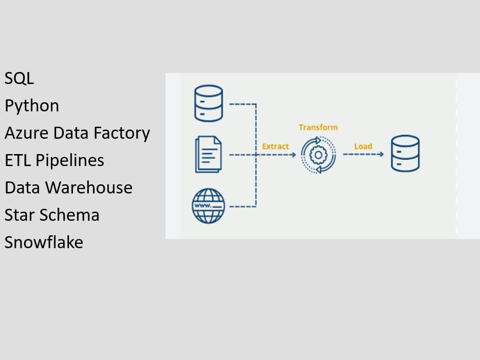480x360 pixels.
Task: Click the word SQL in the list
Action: (x=19, y=78)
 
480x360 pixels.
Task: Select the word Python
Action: (x=32, y=106)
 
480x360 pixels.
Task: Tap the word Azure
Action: (x=26, y=133)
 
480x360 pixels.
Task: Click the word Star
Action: (x=20, y=215)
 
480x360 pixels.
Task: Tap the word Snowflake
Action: (x=44, y=242)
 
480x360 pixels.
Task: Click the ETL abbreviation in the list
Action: (x=18, y=160)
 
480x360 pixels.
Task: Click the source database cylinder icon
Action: (x=209, y=103)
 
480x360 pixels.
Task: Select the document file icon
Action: (x=208, y=155)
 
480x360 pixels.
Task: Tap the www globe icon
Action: (x=208, y=205)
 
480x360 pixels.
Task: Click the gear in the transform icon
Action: (x=318, y=155)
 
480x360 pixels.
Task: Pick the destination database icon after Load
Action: (x=405, y=154)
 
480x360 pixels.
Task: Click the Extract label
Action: (x=276, y=146)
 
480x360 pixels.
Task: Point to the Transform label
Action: (x=318, y=127)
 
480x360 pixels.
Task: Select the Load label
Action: (x=363, y=146)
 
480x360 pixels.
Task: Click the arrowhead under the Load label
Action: (x=381, y=155)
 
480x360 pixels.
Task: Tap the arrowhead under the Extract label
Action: (x=293, y=155)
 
